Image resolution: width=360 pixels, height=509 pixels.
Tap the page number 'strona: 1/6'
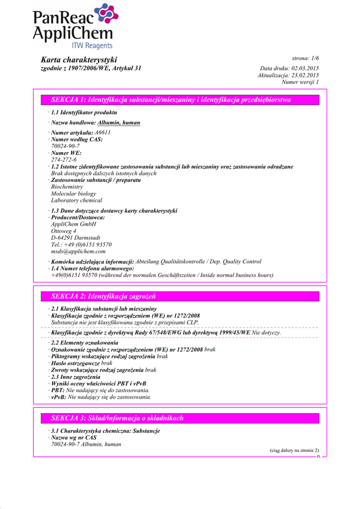pyautogui.click(x=305, y=58)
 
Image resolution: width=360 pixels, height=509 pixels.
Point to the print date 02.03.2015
pyautogui.click(x=305, y=68)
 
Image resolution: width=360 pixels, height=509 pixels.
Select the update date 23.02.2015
pyautogui.click(x=305, y=75)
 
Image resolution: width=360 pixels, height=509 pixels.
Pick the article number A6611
pyautogui.click(x=102, y=133)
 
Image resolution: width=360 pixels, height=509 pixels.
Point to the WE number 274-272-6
pyautogui.click(x=64, y=160)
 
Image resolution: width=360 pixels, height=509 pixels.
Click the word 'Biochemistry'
pyautogui.click(x=67, y=187)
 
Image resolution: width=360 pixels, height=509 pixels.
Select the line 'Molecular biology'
pyautogui.click(x=74, y=194)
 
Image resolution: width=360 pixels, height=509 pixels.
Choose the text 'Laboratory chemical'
pyautogui.click(x=77, y=200)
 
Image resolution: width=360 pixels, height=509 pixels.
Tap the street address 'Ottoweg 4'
pyautogui.click(x=64, y=231)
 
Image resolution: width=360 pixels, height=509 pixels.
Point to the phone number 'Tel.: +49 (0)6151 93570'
pyautogui.click(x=81, y=245)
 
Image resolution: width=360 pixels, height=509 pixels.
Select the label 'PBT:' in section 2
pyautogui.click(x=58, y=390)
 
